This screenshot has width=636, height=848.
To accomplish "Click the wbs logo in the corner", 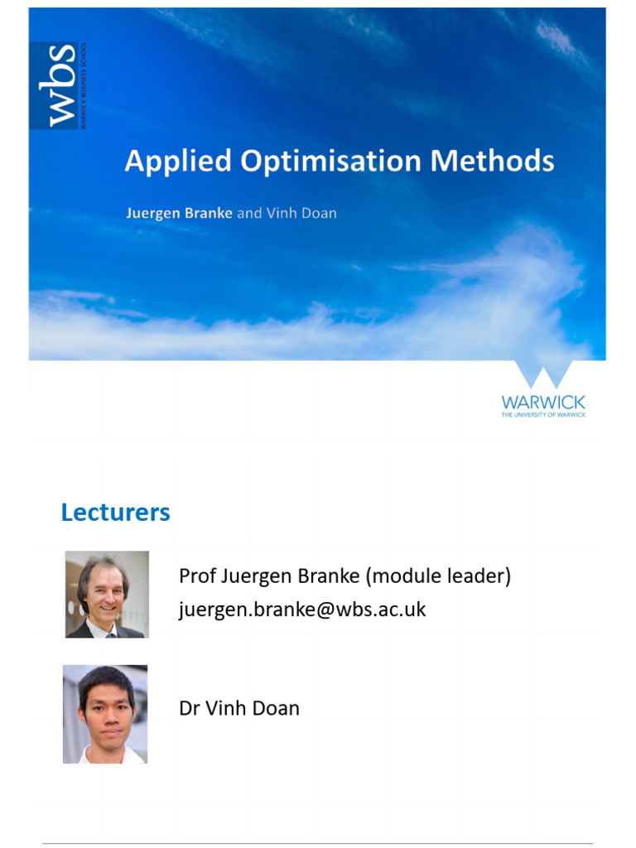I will pyautogui.click(x=57, y=85).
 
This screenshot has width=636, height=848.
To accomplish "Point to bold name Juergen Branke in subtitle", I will pyautogui.click(x=179, y=213).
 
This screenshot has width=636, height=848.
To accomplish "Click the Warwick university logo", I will pyautogui.click(x=543, y=389).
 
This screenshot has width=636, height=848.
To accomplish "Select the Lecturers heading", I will pyautogui.click(x=115, y=513).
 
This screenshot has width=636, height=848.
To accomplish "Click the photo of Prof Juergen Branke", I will pyautogui.click(x=107, y=595).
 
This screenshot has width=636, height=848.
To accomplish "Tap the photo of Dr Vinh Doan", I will pyautogui.click(x=105, y=714).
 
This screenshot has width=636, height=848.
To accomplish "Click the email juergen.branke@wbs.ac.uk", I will pyautogui.click(x=302, y=610).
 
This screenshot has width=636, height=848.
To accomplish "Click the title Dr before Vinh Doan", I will pyautogui.click(x=189, y=709).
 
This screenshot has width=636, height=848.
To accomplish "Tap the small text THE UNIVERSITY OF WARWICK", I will pyautogui.click(x=543, y=414).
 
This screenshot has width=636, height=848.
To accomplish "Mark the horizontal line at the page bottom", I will pyautogui.click(x=318, y=844).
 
